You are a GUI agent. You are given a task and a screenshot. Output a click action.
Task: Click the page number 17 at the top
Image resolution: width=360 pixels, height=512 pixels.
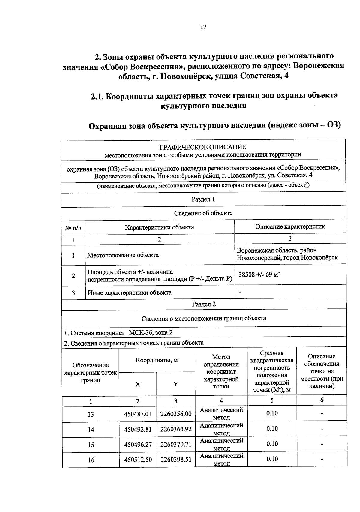pyautogui.click(x=203, y=27)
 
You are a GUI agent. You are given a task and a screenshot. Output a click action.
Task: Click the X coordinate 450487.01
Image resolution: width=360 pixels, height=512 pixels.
pyautogui.click(x=138, y=414)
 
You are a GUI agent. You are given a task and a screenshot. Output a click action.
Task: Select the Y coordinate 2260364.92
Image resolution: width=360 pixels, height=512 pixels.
pyautogui.click(x=176, y=429)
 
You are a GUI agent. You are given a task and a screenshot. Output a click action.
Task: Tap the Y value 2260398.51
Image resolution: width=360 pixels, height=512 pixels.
pyautogui.click(x=176, y=460)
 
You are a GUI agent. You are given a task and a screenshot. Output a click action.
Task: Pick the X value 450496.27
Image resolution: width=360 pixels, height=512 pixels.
pyautogui.click(x=138, y=445)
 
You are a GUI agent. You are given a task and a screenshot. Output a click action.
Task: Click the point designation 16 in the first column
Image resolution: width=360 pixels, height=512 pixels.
pyautogui.click(x=91, y=460)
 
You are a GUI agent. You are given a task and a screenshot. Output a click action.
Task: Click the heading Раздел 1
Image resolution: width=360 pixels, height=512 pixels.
pyautogui.click(x=203, y=199)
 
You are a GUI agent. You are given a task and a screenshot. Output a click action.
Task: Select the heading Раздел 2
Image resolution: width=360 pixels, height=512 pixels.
pyautogui.click(x=204, y=304)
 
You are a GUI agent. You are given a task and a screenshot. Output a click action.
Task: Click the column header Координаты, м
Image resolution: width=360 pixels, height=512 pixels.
pyautogui.click(x=157, y=360)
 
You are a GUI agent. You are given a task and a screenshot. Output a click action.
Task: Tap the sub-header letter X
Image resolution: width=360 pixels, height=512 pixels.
pyautogui.click(x=138, y=384)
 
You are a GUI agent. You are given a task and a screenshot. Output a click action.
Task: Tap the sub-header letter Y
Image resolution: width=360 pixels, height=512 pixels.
pyautogui.click(x=176, y=384)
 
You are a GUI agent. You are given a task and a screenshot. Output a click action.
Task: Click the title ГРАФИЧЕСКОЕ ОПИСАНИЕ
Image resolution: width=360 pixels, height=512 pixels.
pyautogui.click(x=203, y=147)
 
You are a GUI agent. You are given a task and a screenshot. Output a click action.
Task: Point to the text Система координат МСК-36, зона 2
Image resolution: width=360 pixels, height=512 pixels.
pyautogui.click(x=118, y=333)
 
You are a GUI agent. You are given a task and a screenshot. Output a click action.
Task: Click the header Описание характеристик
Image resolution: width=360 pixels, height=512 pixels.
pyautogui.click(x=290, y=227)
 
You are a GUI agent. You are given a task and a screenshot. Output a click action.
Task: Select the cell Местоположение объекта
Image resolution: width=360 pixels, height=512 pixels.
pyautogui.click(x=123, y=255)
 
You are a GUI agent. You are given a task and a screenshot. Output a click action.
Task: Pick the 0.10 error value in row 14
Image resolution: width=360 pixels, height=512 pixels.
pyautogui.click(x=272, y=429)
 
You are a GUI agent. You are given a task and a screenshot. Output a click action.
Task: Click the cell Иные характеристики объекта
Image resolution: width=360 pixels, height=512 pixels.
pyautogui.click(x=130, y=292)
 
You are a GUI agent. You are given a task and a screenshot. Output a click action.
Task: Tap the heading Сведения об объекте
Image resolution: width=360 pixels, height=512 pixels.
pyautogui.click(x=203, y=213)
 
